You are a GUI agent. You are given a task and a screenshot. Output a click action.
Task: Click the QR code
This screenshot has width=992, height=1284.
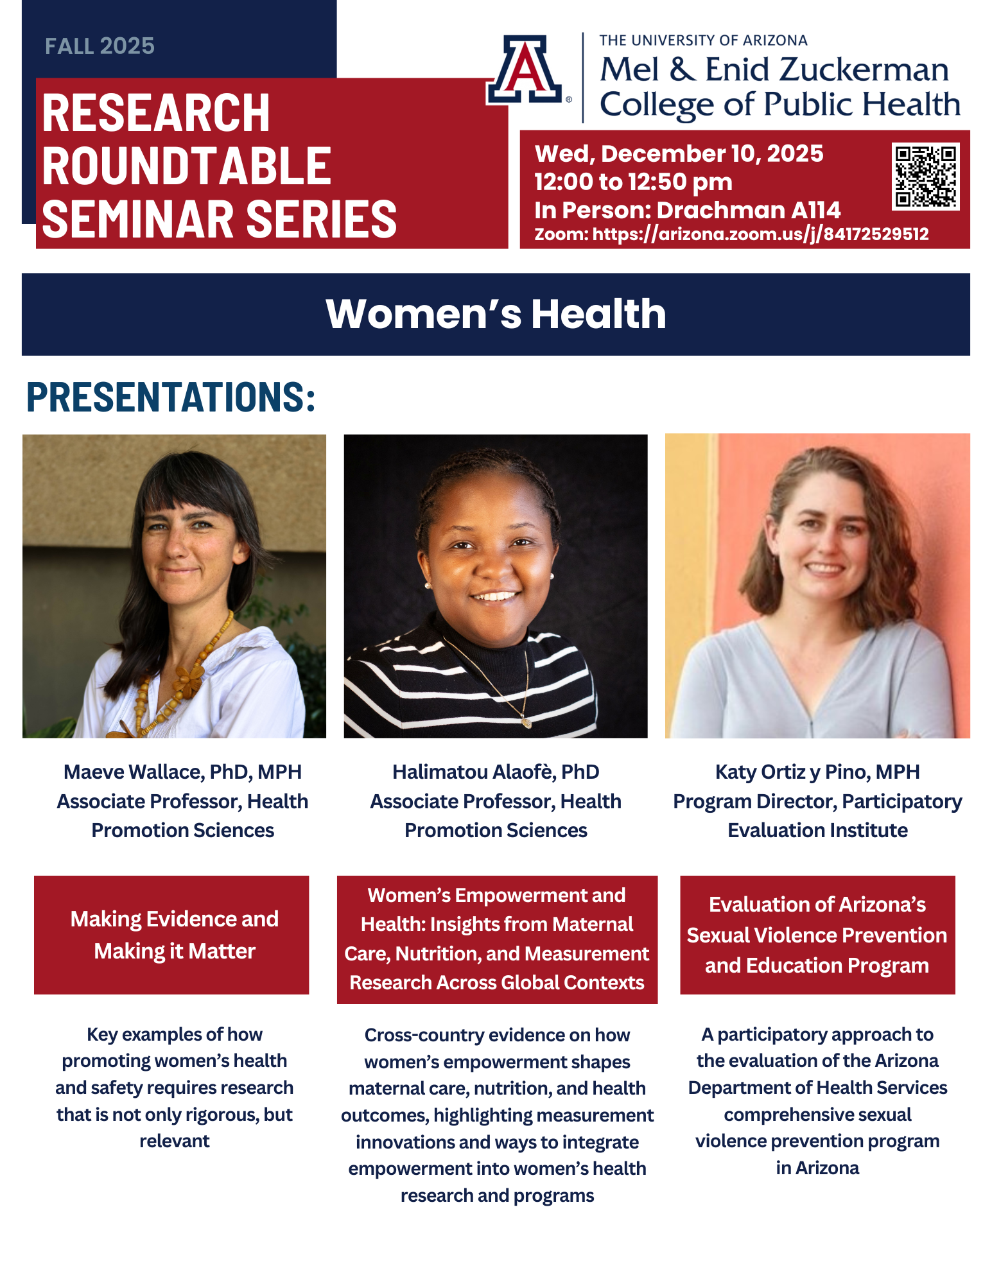(925, 176)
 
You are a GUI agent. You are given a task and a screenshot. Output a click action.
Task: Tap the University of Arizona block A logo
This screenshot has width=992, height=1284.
(525, 69)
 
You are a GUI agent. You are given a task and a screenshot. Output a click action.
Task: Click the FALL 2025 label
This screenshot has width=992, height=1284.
(100, 46)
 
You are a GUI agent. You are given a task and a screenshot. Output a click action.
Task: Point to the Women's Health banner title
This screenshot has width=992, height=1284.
(496, 314)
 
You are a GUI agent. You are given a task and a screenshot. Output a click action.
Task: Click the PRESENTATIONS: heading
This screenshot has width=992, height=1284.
(171, 397)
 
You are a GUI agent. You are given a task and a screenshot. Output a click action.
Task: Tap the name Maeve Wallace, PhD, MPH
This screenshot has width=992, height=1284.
(182, 772)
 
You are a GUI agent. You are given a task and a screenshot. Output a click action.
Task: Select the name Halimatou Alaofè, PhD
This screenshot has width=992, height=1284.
(496, 772)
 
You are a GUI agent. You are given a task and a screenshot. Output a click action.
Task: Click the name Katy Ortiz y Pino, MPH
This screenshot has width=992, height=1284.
(817, 772)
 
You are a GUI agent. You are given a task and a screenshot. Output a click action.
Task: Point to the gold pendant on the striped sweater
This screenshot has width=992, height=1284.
(526, 722)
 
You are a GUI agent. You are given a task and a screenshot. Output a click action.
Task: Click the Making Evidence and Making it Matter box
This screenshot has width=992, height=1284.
(171, 935)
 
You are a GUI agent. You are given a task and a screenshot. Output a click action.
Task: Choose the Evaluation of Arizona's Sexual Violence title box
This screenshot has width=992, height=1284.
(817, 935)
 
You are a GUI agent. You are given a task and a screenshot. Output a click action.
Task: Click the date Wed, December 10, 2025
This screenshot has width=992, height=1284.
(679, 153)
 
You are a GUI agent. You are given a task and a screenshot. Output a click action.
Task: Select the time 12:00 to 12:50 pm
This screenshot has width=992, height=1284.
(633, 182)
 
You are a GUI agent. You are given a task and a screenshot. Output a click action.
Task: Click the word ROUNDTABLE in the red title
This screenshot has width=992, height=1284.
(186, 166)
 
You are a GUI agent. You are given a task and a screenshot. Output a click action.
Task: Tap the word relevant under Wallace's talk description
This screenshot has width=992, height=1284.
(175, 1141)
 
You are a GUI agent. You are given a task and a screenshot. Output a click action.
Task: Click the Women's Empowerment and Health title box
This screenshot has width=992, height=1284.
(497, 939)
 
